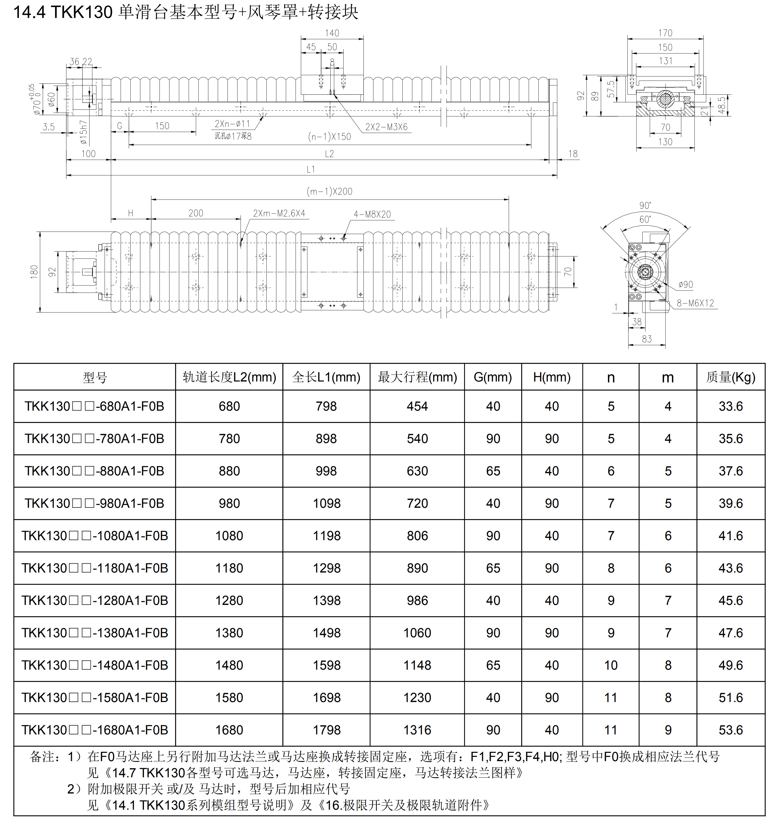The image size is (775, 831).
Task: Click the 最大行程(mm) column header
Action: click(417, 377)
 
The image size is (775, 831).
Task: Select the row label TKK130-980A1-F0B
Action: click(94, 503)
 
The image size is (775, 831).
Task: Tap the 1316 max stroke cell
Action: click(417, 730)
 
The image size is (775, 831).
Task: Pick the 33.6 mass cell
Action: click(731, 406)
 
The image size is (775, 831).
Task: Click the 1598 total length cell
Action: click(327, 665)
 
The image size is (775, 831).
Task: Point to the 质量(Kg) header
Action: click(731, 377)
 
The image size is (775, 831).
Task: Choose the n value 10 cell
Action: click(611, 665)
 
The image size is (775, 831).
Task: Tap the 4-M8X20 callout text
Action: click(372, 214)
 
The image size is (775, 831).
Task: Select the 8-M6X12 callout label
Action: click(695, 303)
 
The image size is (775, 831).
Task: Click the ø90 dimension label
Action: click(685, 285)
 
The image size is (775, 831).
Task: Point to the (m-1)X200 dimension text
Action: click(329, 192)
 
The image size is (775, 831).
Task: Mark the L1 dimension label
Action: click(311, 169)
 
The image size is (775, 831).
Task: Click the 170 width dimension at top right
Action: click(665, 33)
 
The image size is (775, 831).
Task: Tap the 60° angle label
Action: click(645, 219)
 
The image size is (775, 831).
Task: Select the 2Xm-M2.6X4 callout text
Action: click(279, 213)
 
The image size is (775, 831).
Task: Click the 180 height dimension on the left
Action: click(34, 272)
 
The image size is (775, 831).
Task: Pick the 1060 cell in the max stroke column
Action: click(417, 633)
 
